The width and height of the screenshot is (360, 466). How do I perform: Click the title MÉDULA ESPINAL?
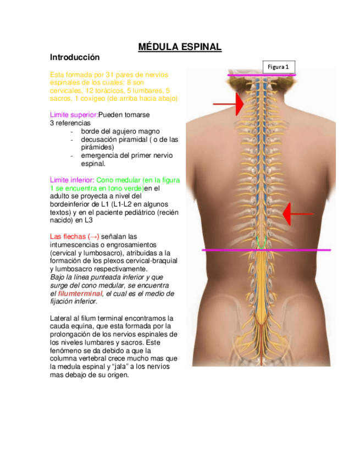point(179,47)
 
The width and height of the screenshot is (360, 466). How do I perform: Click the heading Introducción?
point(75,57)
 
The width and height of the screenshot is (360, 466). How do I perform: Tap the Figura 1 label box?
point(279,66)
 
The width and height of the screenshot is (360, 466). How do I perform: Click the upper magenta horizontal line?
point(263,74)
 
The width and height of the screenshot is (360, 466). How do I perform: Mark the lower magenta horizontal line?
point(267,250)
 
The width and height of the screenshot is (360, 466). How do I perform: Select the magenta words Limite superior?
point(74,115)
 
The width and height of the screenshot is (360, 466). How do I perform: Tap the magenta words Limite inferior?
point(71,180)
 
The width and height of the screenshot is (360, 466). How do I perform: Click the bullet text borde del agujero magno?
point(120,131)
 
